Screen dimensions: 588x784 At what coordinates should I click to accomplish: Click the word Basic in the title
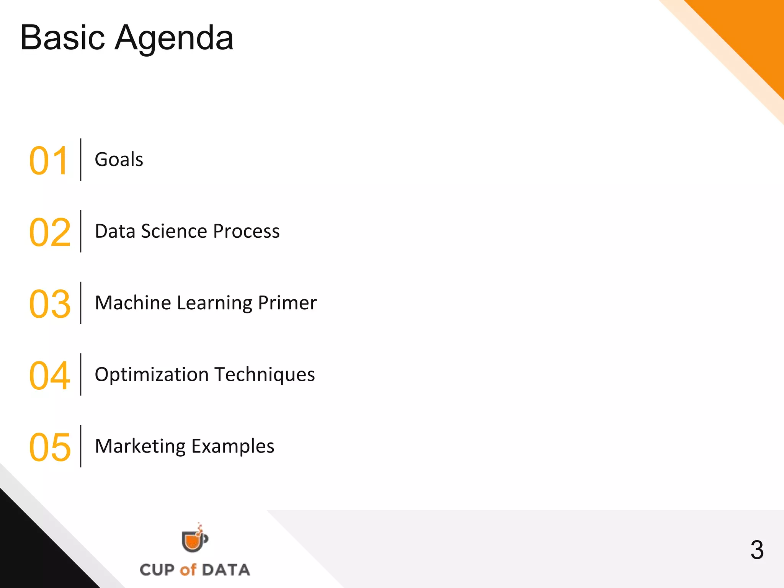[x=62, y=38]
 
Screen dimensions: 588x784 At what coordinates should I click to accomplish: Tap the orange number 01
[x=49, y=161]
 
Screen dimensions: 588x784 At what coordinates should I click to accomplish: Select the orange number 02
[x=50, y=232]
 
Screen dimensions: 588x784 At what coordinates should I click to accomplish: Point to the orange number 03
[x=50, y=304]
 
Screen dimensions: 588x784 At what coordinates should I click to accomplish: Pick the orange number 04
[x=50, y=376]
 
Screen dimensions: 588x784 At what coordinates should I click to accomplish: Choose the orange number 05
[x=50, y=447]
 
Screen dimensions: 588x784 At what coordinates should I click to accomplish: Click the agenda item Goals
[x=119, y=159]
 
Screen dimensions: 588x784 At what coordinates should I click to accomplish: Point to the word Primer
[x=287, y=303]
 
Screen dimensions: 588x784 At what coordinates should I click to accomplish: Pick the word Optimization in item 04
[x=151, y=375]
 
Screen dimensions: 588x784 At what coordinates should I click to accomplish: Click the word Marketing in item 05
[x=140, y=446]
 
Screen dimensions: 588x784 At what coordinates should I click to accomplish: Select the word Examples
[x=233, y=446]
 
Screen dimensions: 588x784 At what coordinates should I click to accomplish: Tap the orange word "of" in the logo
[x=188, y=570]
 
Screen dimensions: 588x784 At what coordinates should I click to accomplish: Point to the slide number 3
[x=757, y=550]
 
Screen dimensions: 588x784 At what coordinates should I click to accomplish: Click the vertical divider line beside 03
[x=81, y=303]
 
